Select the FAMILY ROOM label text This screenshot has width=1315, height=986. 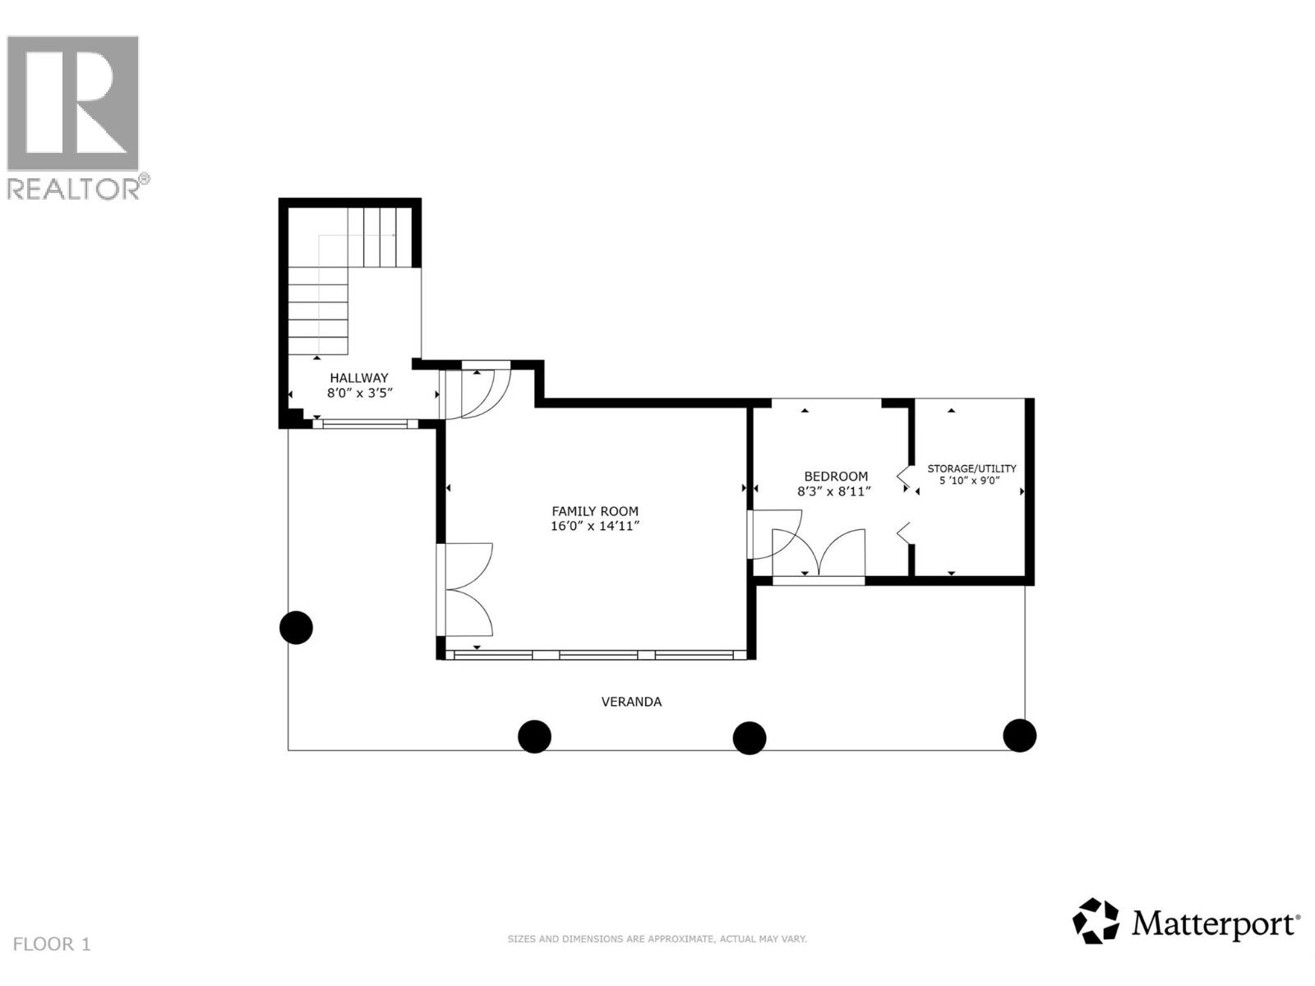(x=594, y=511)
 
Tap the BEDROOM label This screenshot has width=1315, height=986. (x=835, y=476)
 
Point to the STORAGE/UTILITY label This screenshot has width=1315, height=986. (x=971, y=468)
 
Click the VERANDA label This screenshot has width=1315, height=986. (x=631, y=702)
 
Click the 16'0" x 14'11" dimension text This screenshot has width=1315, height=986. (x=594, y=526)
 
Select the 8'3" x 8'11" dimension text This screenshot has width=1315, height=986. (x=833, y=491)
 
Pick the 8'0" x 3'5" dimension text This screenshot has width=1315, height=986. (x=361, y=393)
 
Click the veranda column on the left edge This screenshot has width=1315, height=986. (x=296, y=628)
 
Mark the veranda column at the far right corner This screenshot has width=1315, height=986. (x=1019, y=735)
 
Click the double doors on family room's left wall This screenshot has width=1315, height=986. (x=466, y=590)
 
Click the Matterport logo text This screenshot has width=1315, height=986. (x=1215, y=924)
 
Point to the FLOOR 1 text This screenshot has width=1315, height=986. (x=52, y=944)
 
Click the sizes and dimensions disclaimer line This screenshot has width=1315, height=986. (x=657, y=938)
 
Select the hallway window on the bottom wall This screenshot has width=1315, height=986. (x=364, y=424)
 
